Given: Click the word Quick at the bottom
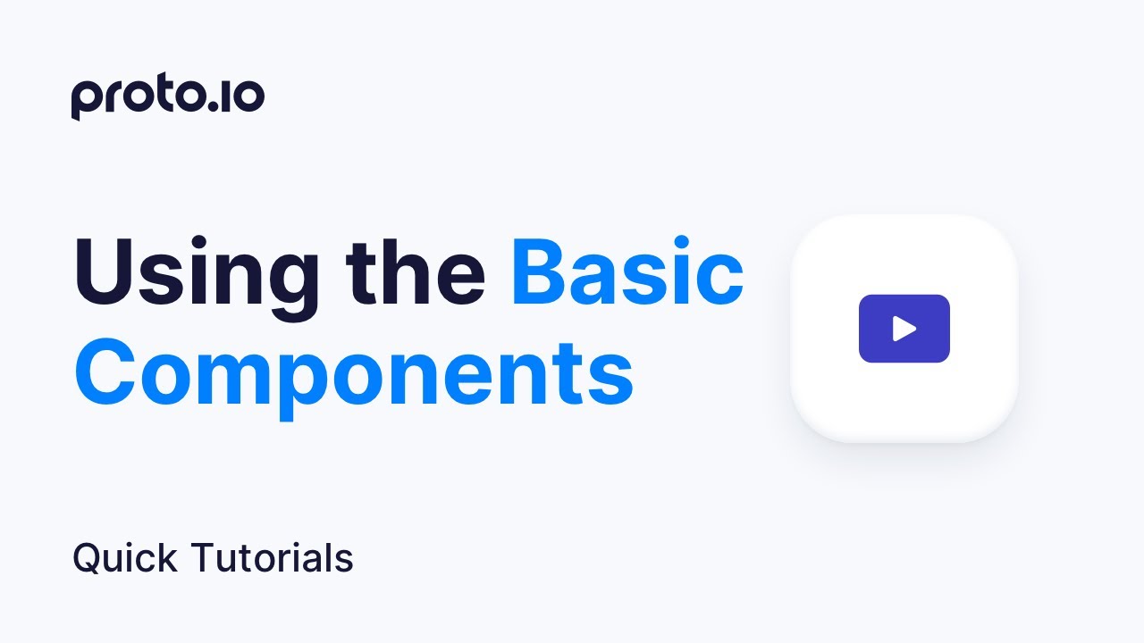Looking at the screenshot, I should pyautogui.click(x=125, y=559).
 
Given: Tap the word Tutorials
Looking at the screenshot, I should pyautogui.click(x=273, y=559).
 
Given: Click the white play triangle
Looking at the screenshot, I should pyautogui.click(x=904, y=329).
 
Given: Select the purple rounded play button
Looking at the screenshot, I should pyautogui.click(x=904, y=329).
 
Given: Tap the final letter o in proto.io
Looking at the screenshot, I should pyautogui.click(x=248, y=97).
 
